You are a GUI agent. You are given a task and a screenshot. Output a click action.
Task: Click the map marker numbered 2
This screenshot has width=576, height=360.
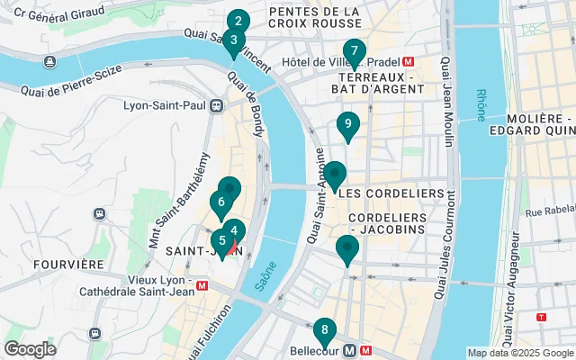click(238, 22)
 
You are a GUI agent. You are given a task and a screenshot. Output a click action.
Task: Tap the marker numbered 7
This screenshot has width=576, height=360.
click(355, 51)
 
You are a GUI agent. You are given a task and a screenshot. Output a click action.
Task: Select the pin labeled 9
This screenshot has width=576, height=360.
click(347, 124)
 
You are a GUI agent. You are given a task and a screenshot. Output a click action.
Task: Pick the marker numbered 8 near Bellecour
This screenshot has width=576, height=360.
click(325, 329)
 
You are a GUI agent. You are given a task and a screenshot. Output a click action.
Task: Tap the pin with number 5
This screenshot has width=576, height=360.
click(221, 241)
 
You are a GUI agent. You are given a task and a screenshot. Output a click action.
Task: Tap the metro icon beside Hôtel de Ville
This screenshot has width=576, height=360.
click(408, 61)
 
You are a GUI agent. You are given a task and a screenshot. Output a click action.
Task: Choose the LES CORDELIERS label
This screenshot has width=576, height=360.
click(392, 193)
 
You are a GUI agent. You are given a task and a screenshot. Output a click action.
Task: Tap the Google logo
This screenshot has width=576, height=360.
click(31, 349)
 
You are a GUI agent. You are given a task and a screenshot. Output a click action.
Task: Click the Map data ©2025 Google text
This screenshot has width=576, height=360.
click(519, 353)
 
